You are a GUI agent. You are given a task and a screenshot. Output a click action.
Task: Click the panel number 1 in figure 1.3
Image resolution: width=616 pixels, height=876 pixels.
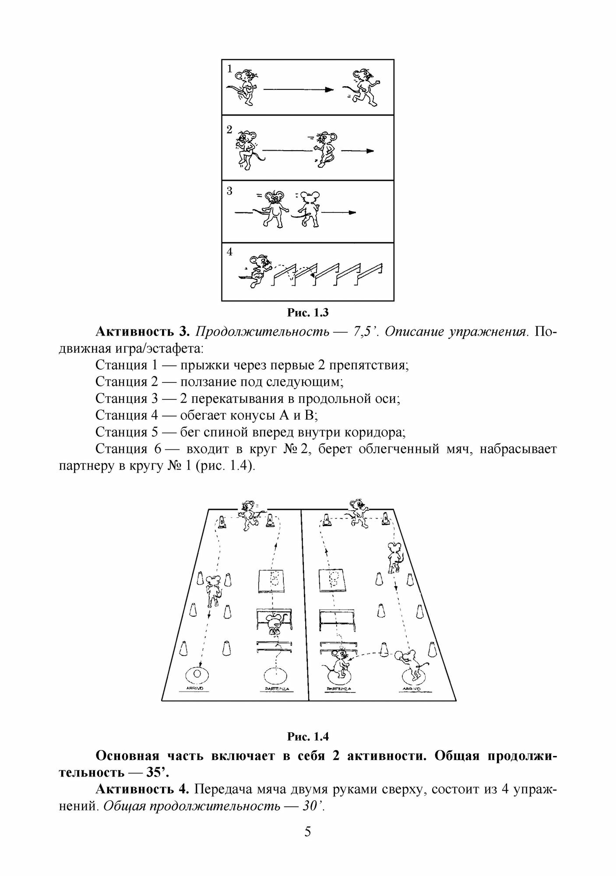pos(230,69)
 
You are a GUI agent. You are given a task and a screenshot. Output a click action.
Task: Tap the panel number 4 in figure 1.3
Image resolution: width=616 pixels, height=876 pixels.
pos(230,252)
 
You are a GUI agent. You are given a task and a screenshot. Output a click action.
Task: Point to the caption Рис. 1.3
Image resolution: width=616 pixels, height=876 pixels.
pos(308,313)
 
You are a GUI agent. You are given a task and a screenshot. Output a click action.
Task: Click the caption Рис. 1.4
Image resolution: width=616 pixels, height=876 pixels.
pos(308,737)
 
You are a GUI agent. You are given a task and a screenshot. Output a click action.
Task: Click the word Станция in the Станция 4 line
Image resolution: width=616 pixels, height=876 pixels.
pos(121,415)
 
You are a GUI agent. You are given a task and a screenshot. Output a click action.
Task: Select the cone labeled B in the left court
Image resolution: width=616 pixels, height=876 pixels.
pos(222,522)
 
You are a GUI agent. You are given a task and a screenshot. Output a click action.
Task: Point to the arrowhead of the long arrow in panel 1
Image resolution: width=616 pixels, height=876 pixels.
pos(329,90)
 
